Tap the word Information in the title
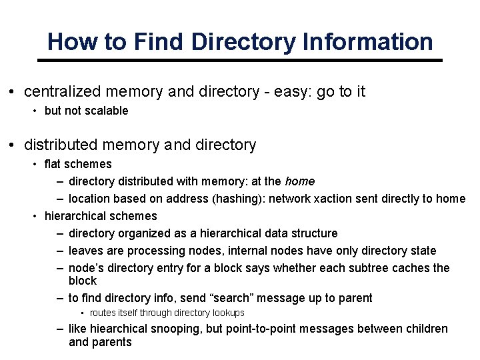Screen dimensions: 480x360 click(367, 42)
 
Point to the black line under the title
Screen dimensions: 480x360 click(240, 61)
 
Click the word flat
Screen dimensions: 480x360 click(53, 164)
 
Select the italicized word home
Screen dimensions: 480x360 click(299, 181)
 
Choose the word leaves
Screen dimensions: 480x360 click(85, 251)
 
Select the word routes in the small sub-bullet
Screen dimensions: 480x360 click(103, 313)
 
